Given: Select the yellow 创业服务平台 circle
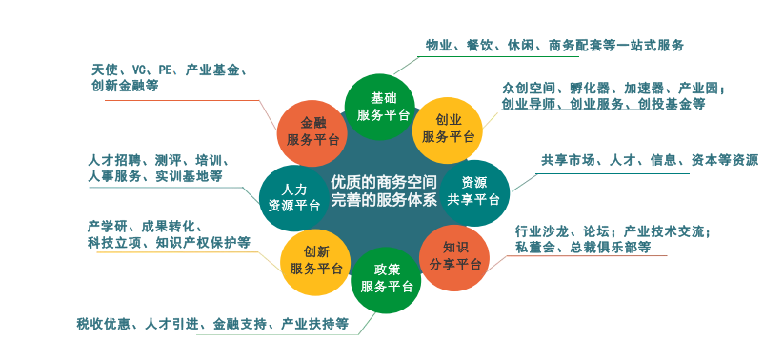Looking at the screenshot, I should coord(448,129).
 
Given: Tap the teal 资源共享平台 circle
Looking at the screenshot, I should coord(473,190).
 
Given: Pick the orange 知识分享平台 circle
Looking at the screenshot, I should coord(454,256).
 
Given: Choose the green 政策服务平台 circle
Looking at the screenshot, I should coord(386,278).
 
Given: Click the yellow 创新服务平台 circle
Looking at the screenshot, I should coord(315,261).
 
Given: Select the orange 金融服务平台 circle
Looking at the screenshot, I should coord(312,130).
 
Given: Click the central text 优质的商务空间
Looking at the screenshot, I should coord(384,180).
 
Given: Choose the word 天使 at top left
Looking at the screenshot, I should coord(104,70).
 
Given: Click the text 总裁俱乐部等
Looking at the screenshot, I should coord(611,248).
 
